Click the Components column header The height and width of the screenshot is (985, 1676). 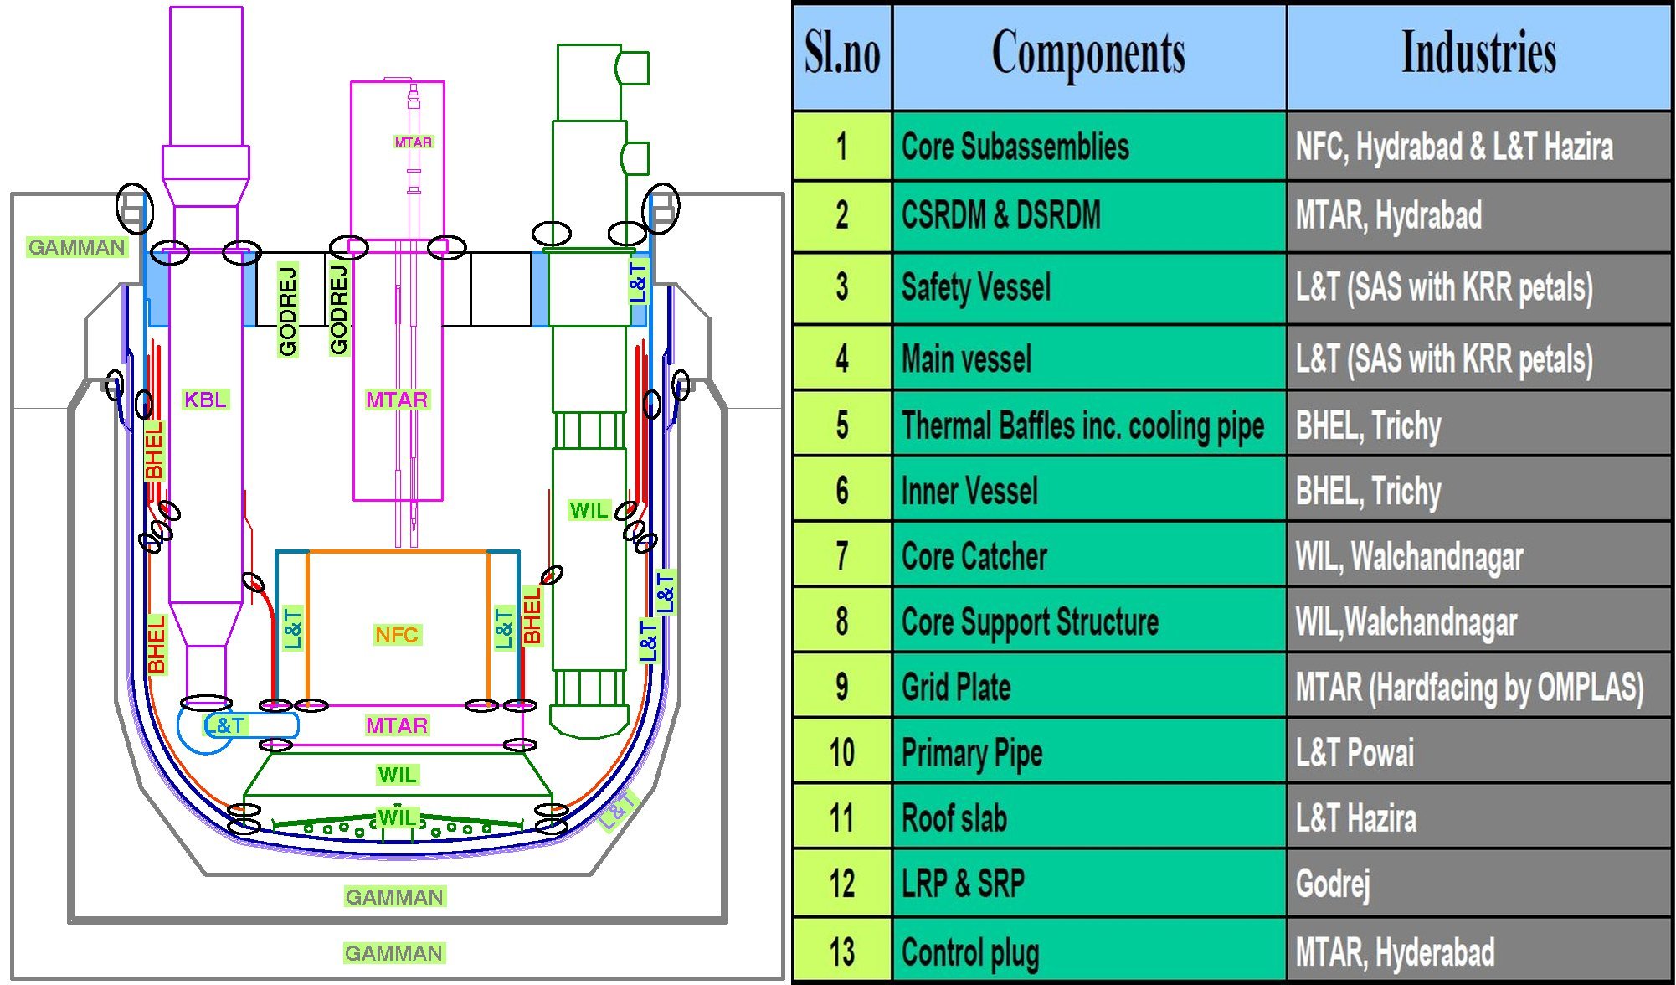(x=1088, y=55)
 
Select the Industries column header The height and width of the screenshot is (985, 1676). (x=1478, y=55)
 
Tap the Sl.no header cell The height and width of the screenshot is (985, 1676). (x=842, y=55)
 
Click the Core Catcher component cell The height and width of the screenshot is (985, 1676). (x=1088, y=556)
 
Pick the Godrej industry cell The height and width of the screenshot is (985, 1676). (x=1478, y=884)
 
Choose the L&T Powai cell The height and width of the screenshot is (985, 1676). (x=1478, y=752)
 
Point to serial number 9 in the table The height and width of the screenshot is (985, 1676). (x=842, y=687)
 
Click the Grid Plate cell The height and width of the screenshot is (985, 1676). (x=1088, y=687)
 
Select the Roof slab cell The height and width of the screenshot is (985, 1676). (x=1088, y=818)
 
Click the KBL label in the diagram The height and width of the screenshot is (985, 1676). (x=205, y=400)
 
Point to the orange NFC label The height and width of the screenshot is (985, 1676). (x=397, y=635)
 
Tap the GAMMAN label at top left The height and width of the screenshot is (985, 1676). (x=76, y=247)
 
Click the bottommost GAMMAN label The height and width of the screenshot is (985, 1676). (x=393, y=953)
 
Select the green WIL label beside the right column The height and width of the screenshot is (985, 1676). (x=589, y=510)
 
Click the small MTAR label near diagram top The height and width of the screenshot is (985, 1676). (x=413, y=142)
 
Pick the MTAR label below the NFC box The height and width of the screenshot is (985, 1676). (x=397, y=725)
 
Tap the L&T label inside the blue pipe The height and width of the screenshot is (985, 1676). (x=226, y=725)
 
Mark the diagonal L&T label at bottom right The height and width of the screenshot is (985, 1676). (x=618, y=809)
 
